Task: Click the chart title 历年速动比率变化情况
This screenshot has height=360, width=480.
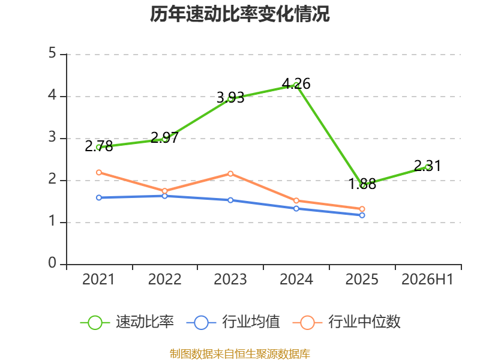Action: (x=239, y=14)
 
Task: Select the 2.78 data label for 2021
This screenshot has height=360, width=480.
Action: (x=98, y=146)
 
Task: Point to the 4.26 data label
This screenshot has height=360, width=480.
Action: (x=296, y=83)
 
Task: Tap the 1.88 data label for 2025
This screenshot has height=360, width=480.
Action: (x=362, y=184)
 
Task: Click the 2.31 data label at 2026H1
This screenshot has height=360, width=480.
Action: (x=428, y=166)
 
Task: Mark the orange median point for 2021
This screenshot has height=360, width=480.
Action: (x=99, y=172)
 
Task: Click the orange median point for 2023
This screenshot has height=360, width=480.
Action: (x=230, y=174)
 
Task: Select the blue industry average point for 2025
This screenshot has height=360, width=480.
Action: (x=362, y=215)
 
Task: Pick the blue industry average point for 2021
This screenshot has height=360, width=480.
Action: (x=99, y=197)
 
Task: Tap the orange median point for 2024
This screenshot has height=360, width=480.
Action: (x=296, y=200)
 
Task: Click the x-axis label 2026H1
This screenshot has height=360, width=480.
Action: (x=427, y=279)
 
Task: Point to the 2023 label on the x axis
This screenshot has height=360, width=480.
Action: (x=230, y=279)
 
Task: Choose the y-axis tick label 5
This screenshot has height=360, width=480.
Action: (x=52, y=53)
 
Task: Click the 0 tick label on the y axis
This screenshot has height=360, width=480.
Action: (x=52, y=263)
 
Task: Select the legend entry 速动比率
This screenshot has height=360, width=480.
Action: (x=127, y=322)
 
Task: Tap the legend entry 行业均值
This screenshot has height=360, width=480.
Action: (x=233, y=322)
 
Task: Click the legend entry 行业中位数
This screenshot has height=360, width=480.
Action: (x=347, y=322)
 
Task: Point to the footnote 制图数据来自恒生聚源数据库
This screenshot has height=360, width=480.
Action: (x=239, y=353)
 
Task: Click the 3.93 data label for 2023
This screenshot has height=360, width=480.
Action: (x=230, y=98)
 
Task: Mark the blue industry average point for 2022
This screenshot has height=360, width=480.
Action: (x=164, y=196)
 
